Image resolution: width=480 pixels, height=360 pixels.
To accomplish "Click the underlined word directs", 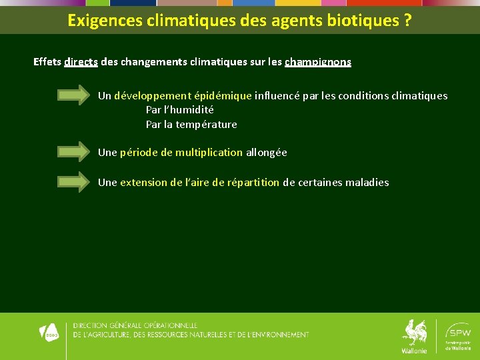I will pos(81,62).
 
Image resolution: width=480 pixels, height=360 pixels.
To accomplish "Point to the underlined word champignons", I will pos(318,62).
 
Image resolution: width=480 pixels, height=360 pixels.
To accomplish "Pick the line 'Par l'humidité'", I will pos(180,110).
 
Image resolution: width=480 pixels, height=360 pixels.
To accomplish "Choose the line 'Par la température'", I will pos(191,125).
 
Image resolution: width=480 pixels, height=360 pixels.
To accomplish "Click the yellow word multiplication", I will pos(209,152).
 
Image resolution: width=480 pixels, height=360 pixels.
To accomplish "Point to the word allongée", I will pos(267,152).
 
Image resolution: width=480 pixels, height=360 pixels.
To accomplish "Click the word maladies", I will pos(367,182).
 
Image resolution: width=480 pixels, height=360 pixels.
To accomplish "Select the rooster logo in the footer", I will pos(415,332).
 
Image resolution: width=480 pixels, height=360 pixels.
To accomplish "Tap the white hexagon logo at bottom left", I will pos(50,331).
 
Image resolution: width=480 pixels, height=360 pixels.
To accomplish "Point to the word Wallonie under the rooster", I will pos(414,351).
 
